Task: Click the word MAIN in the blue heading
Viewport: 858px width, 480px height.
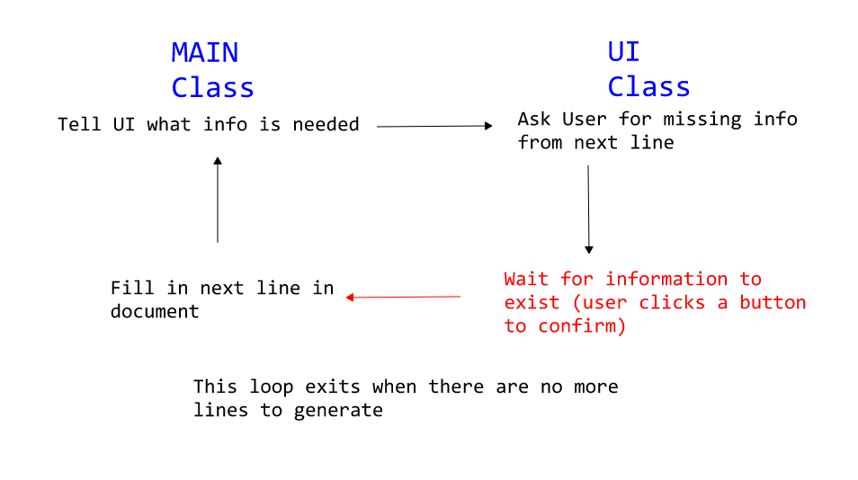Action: point(205,53)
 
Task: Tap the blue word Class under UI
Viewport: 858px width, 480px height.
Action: point(649,87)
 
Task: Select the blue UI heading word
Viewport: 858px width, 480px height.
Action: point(624,52)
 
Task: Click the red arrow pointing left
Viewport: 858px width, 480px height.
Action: point(403,297)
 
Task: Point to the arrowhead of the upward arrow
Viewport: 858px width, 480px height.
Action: point(218,161)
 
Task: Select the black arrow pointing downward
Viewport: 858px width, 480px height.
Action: point(589,209)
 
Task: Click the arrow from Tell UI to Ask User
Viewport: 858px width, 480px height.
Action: point(434,126)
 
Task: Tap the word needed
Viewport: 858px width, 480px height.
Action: point(326,125)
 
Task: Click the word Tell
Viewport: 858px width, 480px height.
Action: point(79,125)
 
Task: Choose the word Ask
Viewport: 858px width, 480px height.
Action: point(534,119)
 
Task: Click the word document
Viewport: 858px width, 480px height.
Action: point(155,312)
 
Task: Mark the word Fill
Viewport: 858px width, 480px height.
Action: point(132,288)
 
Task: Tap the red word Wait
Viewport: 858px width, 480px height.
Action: point(526,279)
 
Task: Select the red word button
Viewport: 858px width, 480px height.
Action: point(773,302)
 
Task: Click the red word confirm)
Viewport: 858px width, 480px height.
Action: point(582,326)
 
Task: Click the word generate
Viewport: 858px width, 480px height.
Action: point(338,411)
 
